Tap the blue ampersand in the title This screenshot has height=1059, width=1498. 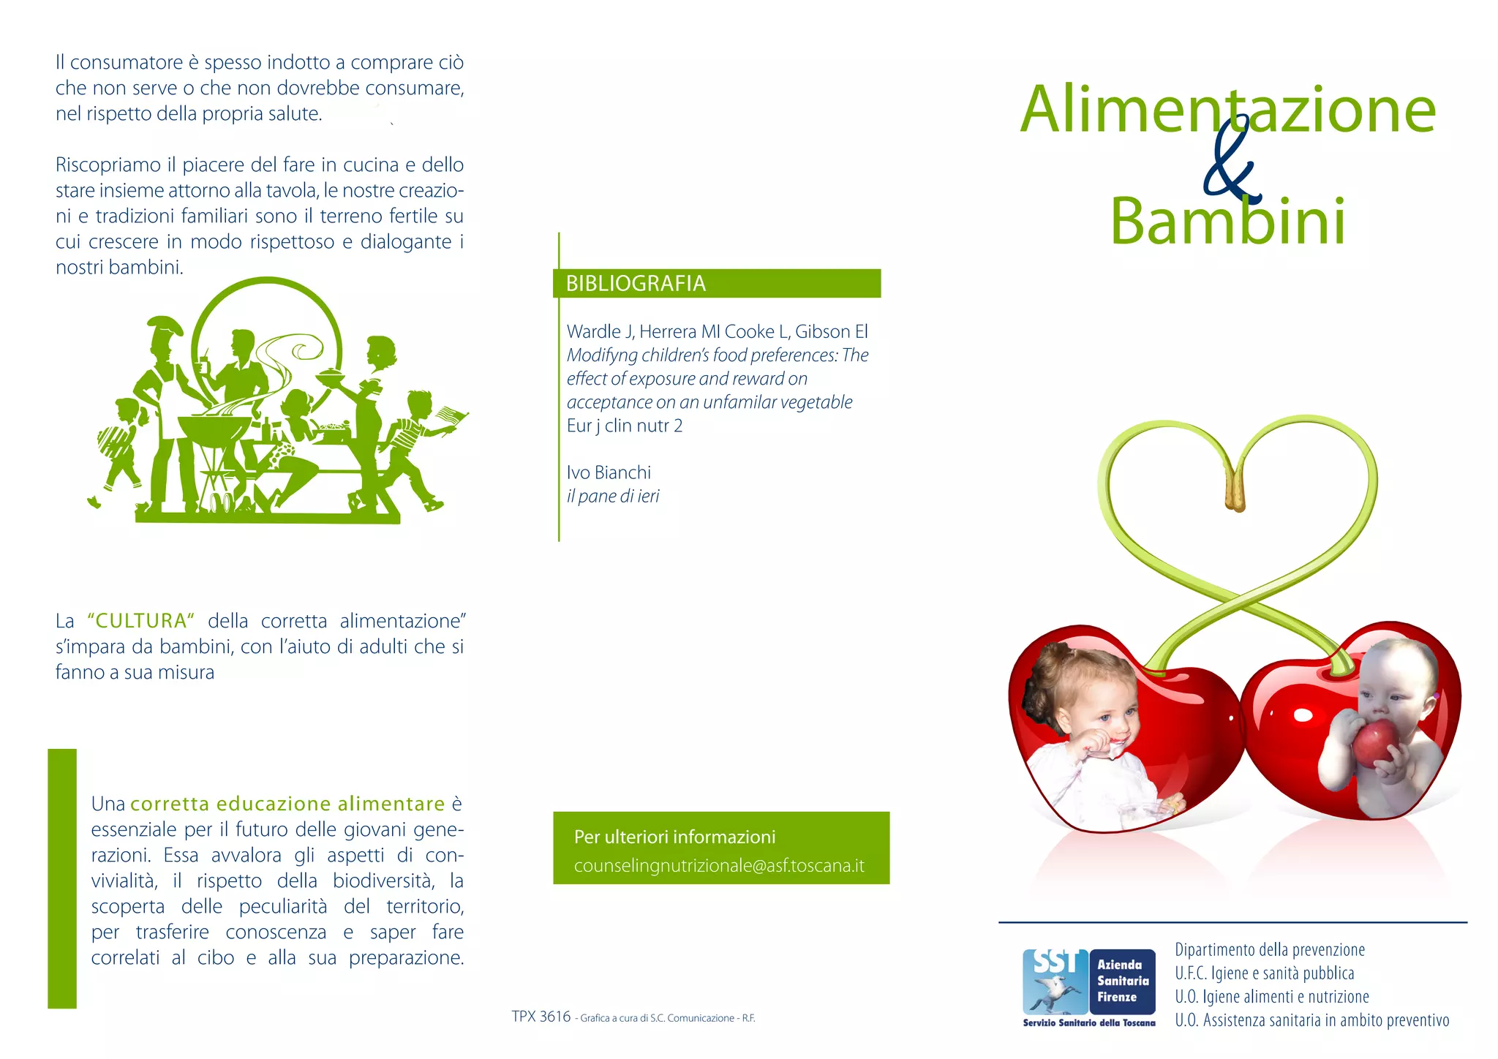pos(1232,165)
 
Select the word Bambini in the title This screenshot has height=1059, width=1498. pos(1227,221)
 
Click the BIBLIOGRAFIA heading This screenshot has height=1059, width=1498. pos(636,283)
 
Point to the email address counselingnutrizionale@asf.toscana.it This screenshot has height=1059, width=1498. pos(719,866)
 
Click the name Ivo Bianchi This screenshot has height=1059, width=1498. pos(609,472)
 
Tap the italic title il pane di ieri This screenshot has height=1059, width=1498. pos(613,496)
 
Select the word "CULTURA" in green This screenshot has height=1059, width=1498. pos(140,621)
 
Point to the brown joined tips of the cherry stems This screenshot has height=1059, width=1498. pos(1235,491)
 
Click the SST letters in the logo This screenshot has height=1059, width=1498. pos(1054,962)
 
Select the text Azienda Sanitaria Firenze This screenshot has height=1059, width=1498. pos(1122,981)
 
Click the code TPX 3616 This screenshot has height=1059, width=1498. pos(541,1017)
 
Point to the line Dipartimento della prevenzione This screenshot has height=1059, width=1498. pos(1270,949)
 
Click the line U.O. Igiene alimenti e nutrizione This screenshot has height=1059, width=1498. pos(1272,996)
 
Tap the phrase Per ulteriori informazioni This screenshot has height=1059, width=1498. pos(674,837)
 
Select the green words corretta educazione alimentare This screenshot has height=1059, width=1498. pos(287,804)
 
